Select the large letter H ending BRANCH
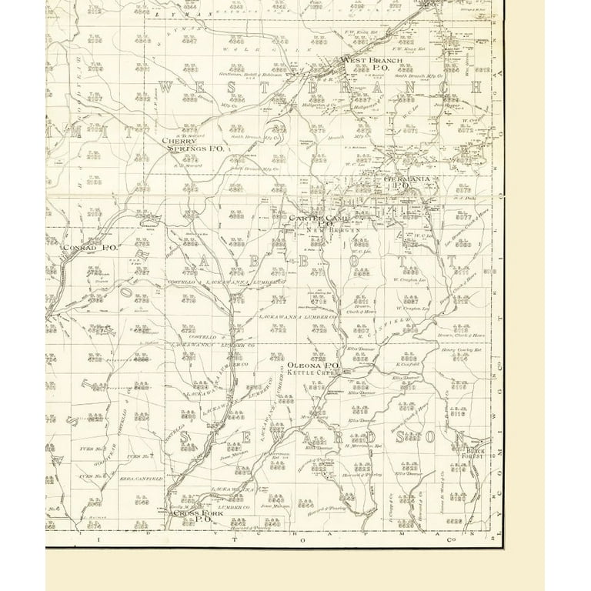coord(478,88)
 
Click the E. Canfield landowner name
coord(406,364)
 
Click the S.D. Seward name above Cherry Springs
coord(186,136)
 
